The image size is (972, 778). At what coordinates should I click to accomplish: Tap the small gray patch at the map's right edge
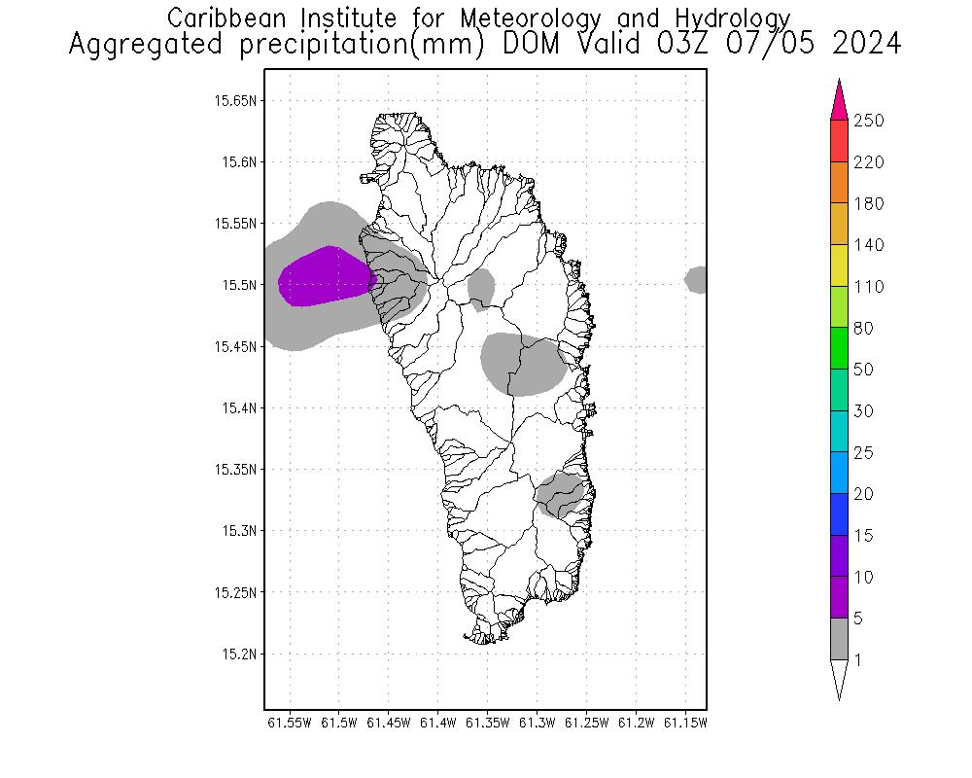point(696,279)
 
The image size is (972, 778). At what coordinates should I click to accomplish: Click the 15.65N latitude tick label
point(235,100)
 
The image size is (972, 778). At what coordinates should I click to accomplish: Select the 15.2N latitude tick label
point(239,654)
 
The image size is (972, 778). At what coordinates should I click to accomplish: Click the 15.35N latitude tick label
point(235,469)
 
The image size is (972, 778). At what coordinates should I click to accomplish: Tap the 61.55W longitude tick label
point(290,723)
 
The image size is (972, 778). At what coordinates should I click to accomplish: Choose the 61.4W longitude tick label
point(438,723)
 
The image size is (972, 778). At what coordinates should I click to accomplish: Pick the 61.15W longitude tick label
point(686,723)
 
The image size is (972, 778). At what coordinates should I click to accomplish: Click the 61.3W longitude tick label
point(538,723)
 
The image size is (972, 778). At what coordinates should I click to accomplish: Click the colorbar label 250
point(868,121)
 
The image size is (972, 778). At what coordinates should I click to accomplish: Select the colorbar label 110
point(868,287)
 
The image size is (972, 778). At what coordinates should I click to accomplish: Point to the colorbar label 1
point(857,660)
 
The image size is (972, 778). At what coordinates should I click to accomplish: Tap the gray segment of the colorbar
point(840,639)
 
